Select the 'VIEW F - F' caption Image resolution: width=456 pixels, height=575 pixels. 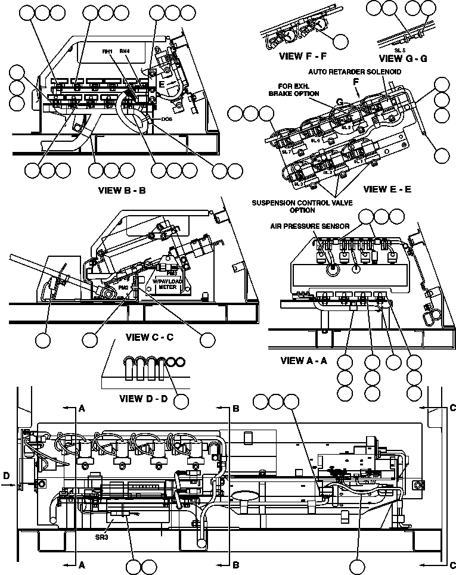pyautogui.click(x=302, y=57)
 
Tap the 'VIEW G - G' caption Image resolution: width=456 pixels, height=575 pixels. pyautogui.click(x=402, y=58)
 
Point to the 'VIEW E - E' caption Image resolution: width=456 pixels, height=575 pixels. pyautogui.click(x=387, y=189)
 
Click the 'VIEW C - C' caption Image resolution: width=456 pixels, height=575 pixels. pyautogui.click(x=150, y=337)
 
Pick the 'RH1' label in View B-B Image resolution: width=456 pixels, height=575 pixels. pyautogui.click(x=108, y=52)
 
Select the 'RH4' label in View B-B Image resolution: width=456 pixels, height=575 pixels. pyautogui.click(x=125, y=52)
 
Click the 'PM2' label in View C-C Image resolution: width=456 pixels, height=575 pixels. pyautogui.click(x=124, y=287)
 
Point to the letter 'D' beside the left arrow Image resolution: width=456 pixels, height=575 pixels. pyautogui.click(x=5, y=475)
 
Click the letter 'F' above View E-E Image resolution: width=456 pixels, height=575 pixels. pyautogui.click(x=356, y=82)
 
